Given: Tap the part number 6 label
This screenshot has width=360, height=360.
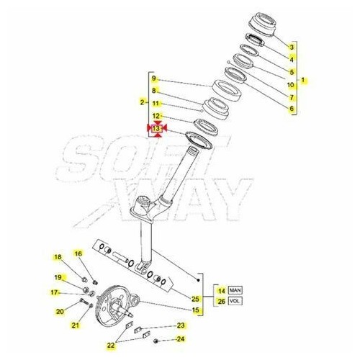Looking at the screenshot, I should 292,109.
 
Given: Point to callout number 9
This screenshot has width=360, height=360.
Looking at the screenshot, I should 154,79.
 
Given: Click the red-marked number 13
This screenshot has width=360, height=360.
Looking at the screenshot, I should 156,128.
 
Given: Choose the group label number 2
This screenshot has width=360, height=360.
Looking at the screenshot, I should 143,103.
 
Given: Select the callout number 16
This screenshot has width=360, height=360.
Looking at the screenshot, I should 79,253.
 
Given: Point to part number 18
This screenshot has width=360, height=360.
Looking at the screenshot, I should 57,257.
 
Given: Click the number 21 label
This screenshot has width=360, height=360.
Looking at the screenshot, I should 73,325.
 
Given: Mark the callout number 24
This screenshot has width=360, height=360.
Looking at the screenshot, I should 181,338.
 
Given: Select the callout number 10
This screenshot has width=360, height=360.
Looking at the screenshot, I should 292,84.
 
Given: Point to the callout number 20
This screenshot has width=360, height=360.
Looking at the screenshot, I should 60,311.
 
